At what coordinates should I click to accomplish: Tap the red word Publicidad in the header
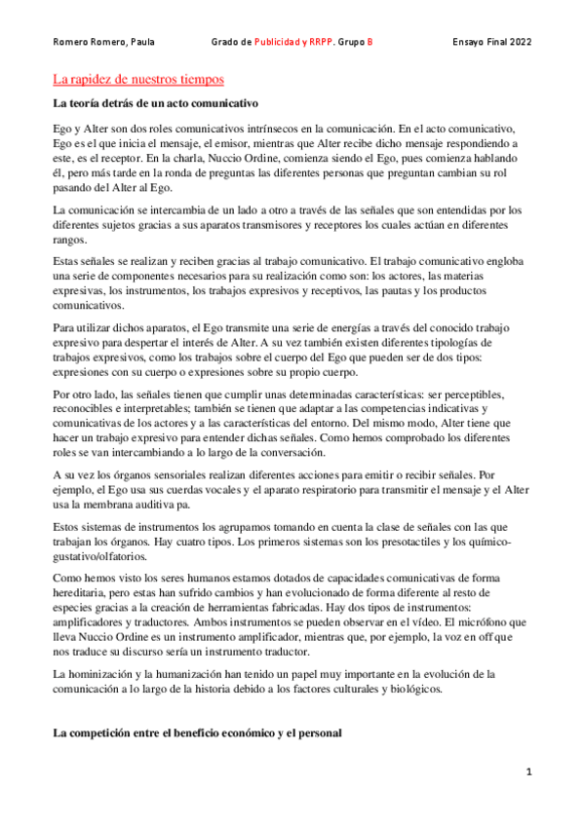(x=277, y=43)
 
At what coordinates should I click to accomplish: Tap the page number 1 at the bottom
(x=528, y=772)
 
